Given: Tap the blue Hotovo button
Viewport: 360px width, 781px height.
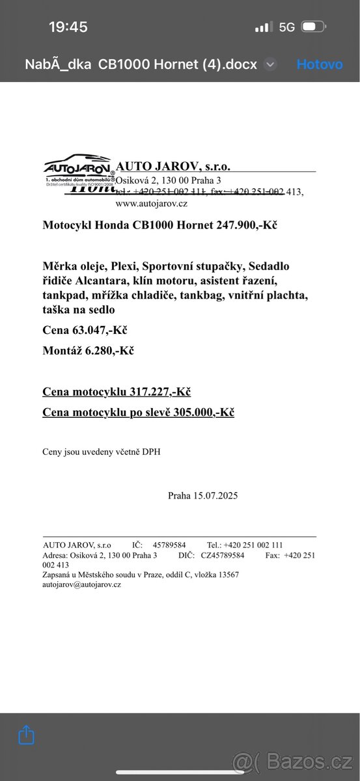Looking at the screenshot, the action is pyautogui.click(x=319, y=64).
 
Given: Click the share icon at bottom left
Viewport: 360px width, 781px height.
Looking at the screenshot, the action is pyautogui.click(x=26, y=735).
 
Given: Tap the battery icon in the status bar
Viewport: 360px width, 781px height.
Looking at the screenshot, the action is pyautogui.click(x=312, y=27).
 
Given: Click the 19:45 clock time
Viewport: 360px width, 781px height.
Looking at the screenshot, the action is pyautogui.click(x=68, y=27).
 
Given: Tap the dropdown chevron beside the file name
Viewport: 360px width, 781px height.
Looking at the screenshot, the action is pyautogui.click(x=271, y=64).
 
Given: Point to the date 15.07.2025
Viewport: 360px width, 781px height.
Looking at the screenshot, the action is pyautogui.click(x=215, y=495).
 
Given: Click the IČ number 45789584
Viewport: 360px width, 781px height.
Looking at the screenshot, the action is pyautogui.click(x=169, y=545).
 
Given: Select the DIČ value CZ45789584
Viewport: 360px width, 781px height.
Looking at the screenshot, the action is pyautogui.click(x=222, y=555).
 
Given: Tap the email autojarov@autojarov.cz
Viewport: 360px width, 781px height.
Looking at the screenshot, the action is pyautogui.click(x=82, y=584).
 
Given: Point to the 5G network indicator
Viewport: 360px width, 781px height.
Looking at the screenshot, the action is pyautogui.click(x=286, y=27).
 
